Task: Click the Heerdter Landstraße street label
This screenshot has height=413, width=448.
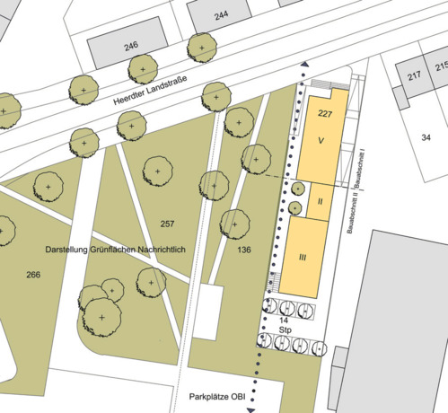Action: (x=150, y=92)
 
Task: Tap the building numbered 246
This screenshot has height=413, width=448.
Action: (x=131, y=46)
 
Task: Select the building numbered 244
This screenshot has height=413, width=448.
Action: (x=221, y=15)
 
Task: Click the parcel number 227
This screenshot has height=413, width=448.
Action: (x=325, y=115)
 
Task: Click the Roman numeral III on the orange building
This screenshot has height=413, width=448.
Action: (x=303, y=258)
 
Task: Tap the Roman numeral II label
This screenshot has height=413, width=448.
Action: (x=320, y=201)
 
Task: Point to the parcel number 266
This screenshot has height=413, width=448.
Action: (x=34, y=273)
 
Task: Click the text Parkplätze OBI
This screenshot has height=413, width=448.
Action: (x=217, y=396)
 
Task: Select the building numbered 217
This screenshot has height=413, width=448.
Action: (x=414, y=77)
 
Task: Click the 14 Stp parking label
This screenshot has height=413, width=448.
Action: (x=284, y=325)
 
